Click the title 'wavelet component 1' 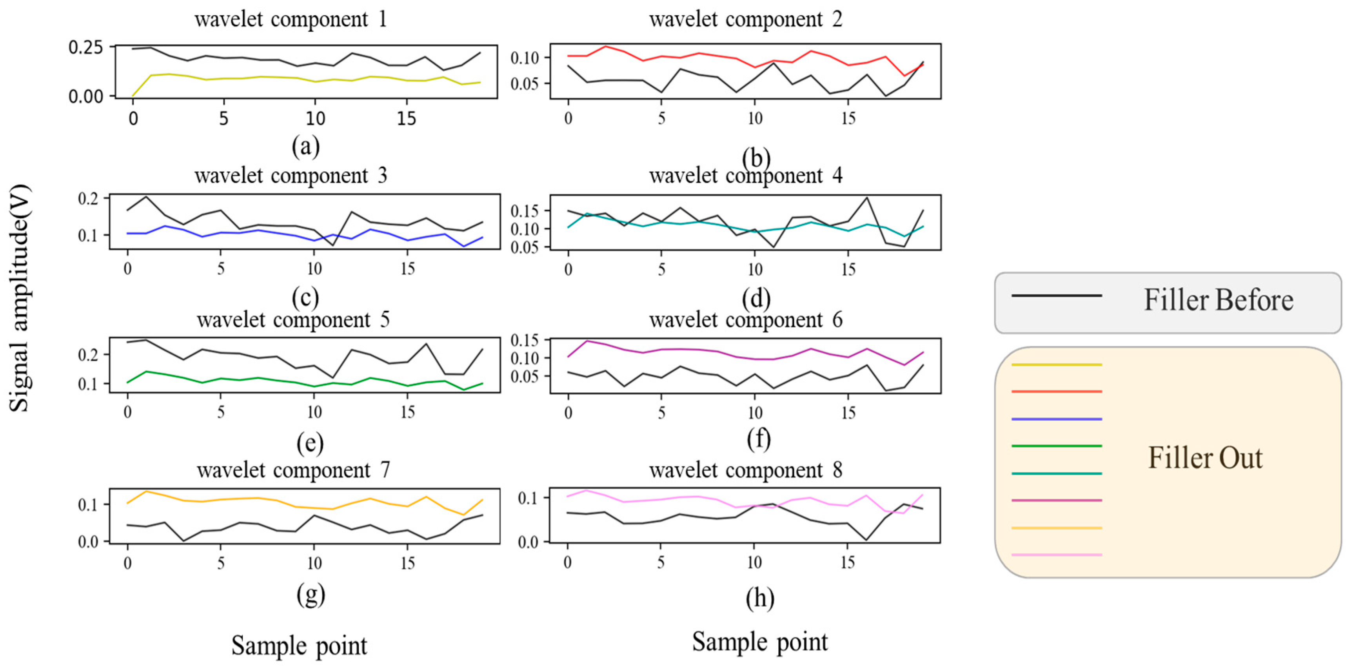291,20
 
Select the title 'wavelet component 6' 746,319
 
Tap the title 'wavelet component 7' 293,470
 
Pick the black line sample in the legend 1056,295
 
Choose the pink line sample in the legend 1056,555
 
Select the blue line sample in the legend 1056,419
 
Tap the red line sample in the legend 1056,392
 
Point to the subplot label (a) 305,146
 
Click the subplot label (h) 760,598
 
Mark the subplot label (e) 310,443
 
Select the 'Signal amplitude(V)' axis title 20,298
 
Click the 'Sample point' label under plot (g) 299,646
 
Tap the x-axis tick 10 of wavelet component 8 754,562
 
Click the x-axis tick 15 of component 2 848,118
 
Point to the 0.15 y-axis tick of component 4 524,211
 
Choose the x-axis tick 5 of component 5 221,412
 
